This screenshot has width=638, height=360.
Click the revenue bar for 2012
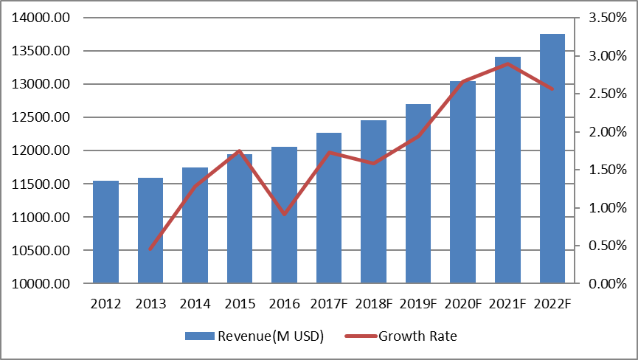105,232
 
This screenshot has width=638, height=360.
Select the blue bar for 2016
284,215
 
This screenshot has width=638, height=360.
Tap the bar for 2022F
552,159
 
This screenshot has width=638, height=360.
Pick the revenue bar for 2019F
418,193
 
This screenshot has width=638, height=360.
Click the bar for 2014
195,225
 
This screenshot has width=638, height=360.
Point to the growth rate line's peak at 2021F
507,63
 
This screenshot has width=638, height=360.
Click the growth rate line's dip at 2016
284,214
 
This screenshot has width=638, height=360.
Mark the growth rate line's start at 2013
150,249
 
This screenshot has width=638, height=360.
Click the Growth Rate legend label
417,336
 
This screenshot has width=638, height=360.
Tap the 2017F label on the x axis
328,303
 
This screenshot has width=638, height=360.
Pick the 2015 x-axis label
239,303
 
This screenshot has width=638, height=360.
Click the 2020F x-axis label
462,303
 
